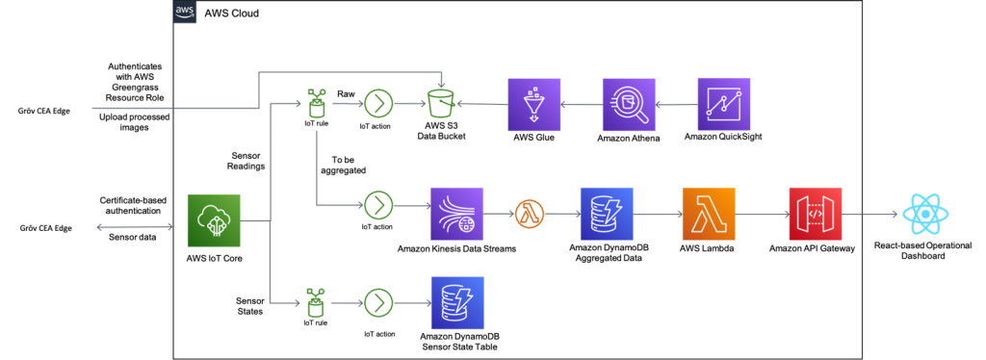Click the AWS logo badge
pyautogui.click(x=185, y=12)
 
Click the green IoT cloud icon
pyautogui.click(x=214, y=221)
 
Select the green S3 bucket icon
pyautogui.click(x=440, y=104)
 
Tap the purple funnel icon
pyautogui.click(x=534, y=104)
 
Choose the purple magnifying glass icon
pyautogui.click(x=629, y=104)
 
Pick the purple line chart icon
pyautogui.click(x=723, y=104)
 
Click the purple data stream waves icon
pyautogui.click(x=457, y=214)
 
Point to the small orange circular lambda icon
pyautogui.click(x=530, y=214)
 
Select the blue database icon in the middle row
pyautogui.click(x=607, y=214)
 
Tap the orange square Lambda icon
pyautogui.click(x=708, y=214)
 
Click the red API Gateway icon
pyautogui.click(x=815, y=214)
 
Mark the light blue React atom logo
pyautogui.click(x=925, y=214)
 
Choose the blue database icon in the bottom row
pyautogui.click(x=457, y=303)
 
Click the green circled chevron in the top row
pyautogui.click(x=378, y=104)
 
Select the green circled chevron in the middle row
pyautogui.click(x=378, y=205)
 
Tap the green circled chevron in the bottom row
pyautogui.click(x=378, y=303)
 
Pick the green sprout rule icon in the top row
pyautogui.click(x=316, y=102)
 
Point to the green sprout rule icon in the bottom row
pyautogui.click(x=316, y=301)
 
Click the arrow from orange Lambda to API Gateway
pyautogui.click(x=761, y=214)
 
